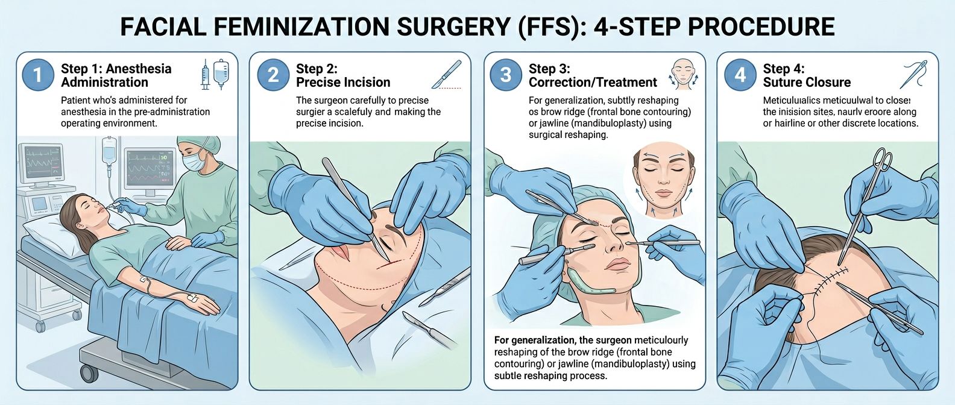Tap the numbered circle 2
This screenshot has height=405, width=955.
(273, 75)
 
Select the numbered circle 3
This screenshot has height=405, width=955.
(505, 75)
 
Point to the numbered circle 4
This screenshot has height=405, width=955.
(740, 75)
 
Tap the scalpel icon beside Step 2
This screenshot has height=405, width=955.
(447, 75)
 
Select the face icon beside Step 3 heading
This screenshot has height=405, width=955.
(682, 74)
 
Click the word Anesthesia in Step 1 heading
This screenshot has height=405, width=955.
(138, 69)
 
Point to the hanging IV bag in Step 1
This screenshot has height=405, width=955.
(109, 151)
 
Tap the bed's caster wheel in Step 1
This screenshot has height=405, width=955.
(89, 373)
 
